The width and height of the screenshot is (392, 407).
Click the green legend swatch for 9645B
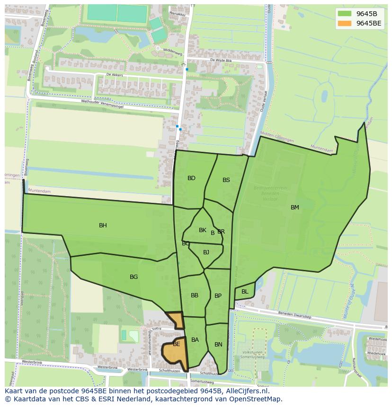click(x=344, y=13)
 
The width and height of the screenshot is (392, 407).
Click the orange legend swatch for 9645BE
click(x=344, y=23)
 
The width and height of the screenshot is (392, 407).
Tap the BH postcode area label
click(x=103, y=225)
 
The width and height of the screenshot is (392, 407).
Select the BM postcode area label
click(x=295, y=208)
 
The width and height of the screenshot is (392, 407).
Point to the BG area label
click(x=134, y=277)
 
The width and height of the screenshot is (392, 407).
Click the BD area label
click(x=191, y=178)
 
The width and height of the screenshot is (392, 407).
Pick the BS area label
click(x=226, y=180)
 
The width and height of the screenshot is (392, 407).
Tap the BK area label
click(x=203, y=230)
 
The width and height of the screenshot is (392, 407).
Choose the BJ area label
click(x=206, y=252)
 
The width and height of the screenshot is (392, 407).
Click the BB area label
click(x=195, y=295)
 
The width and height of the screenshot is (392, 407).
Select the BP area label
click(x=218, y=296)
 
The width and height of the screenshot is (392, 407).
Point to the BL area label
click(x=245, y=292)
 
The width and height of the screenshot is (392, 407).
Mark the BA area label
click(x=195, y=340)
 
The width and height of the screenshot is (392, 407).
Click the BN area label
click(x=218, y=345)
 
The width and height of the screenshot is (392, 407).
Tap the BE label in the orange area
click(x=176, y=344)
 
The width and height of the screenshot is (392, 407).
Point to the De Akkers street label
click(x=115, y=75)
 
